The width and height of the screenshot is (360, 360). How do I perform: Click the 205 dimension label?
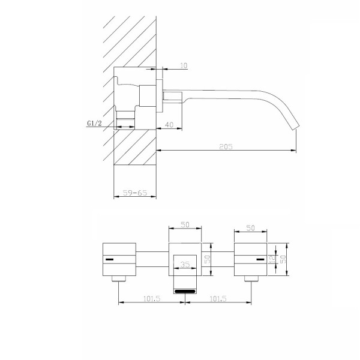pos(226,146)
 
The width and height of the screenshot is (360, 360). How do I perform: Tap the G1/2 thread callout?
pos(94,123)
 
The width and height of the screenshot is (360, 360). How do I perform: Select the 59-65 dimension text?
pos(135,193)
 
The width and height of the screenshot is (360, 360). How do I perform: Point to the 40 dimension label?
pos(169,125)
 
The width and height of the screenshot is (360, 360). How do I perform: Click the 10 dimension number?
pos(184,65)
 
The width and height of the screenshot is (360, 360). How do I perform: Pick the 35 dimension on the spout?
pos(185,265)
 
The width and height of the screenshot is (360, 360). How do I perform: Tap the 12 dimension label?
pos(272,259)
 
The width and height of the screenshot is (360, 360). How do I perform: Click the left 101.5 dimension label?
pos(152,299)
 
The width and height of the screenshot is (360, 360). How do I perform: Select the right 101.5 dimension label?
pos(218,299)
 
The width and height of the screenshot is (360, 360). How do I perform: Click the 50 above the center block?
pos(185,224)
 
